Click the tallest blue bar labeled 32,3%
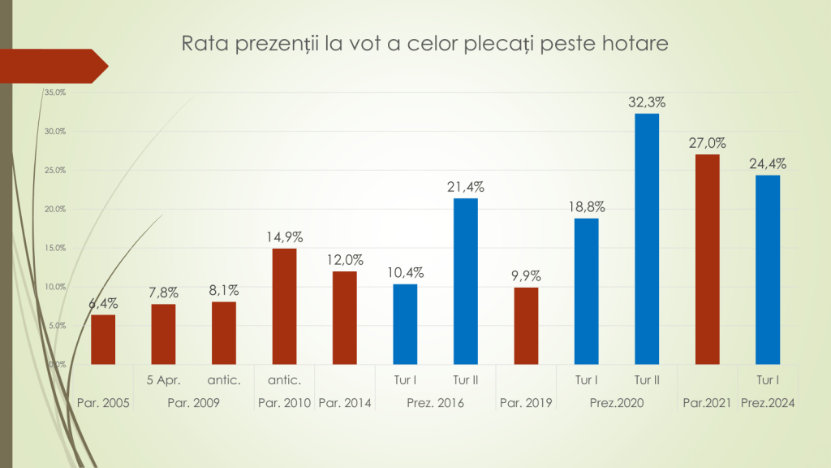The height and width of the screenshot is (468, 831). pyautogui.click(x=647, y=239)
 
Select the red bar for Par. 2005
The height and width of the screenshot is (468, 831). pyautogui.click(x=103, y=340)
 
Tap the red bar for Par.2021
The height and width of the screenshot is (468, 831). pyautogui.click(x=708, y=259)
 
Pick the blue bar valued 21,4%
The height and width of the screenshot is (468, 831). pyautogui.click(x=466, y=281)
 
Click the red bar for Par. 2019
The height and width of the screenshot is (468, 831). pyautogui.click(x=526, y=326)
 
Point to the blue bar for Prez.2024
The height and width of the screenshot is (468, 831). pyautogui.click(x=768, y=270)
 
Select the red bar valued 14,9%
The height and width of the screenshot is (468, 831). pyautogui.click(x=284, y=306)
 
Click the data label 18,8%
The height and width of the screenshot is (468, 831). pyautogui.click(x=587, y=206)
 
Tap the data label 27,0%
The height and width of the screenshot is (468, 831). pyautogui.click(x=708, y=143)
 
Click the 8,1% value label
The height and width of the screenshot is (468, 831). pyautogui.click(x=224, y=290)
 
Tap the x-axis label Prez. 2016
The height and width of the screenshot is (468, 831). pyautogui.click(x=435, y=403)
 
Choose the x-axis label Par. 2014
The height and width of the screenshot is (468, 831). pyautogui.click(x=344, y=403)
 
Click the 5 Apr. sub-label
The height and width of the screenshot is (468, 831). pyautogui.click(x=164, y=379)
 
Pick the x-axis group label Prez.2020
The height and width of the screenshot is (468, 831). pyautogui.click(x=617, y=403)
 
